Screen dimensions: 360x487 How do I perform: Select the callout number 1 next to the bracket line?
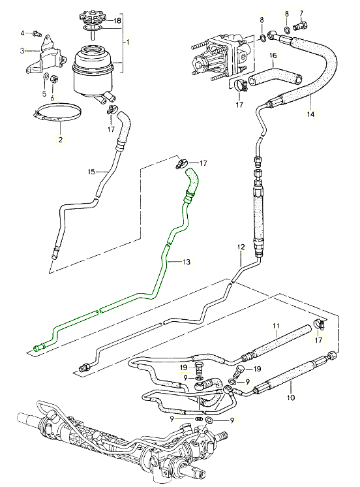(127, 42)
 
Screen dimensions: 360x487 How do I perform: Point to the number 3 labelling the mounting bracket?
(22, 50)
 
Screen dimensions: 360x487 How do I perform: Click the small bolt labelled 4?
(37, 33)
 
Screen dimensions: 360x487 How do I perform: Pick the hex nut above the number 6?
(53, 79)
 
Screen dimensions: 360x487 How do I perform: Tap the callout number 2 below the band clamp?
(61, 140)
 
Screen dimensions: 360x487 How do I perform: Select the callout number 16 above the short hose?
(273, 56)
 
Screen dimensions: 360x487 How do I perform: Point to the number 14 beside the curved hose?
(310, 114)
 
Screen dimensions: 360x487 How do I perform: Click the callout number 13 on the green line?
(187, 262)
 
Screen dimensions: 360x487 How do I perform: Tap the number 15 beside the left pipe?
(91, 172)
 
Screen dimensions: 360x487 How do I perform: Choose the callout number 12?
(241, 247)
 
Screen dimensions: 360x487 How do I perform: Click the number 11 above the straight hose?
(277, 326)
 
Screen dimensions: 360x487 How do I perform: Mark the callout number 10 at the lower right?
(291, 398)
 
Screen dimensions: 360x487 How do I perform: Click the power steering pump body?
(222, 56)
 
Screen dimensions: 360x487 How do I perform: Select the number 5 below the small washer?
(44, 93)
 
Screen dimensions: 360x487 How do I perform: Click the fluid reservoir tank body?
(93, 71)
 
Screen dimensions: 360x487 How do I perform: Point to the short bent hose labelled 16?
(275, 76)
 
